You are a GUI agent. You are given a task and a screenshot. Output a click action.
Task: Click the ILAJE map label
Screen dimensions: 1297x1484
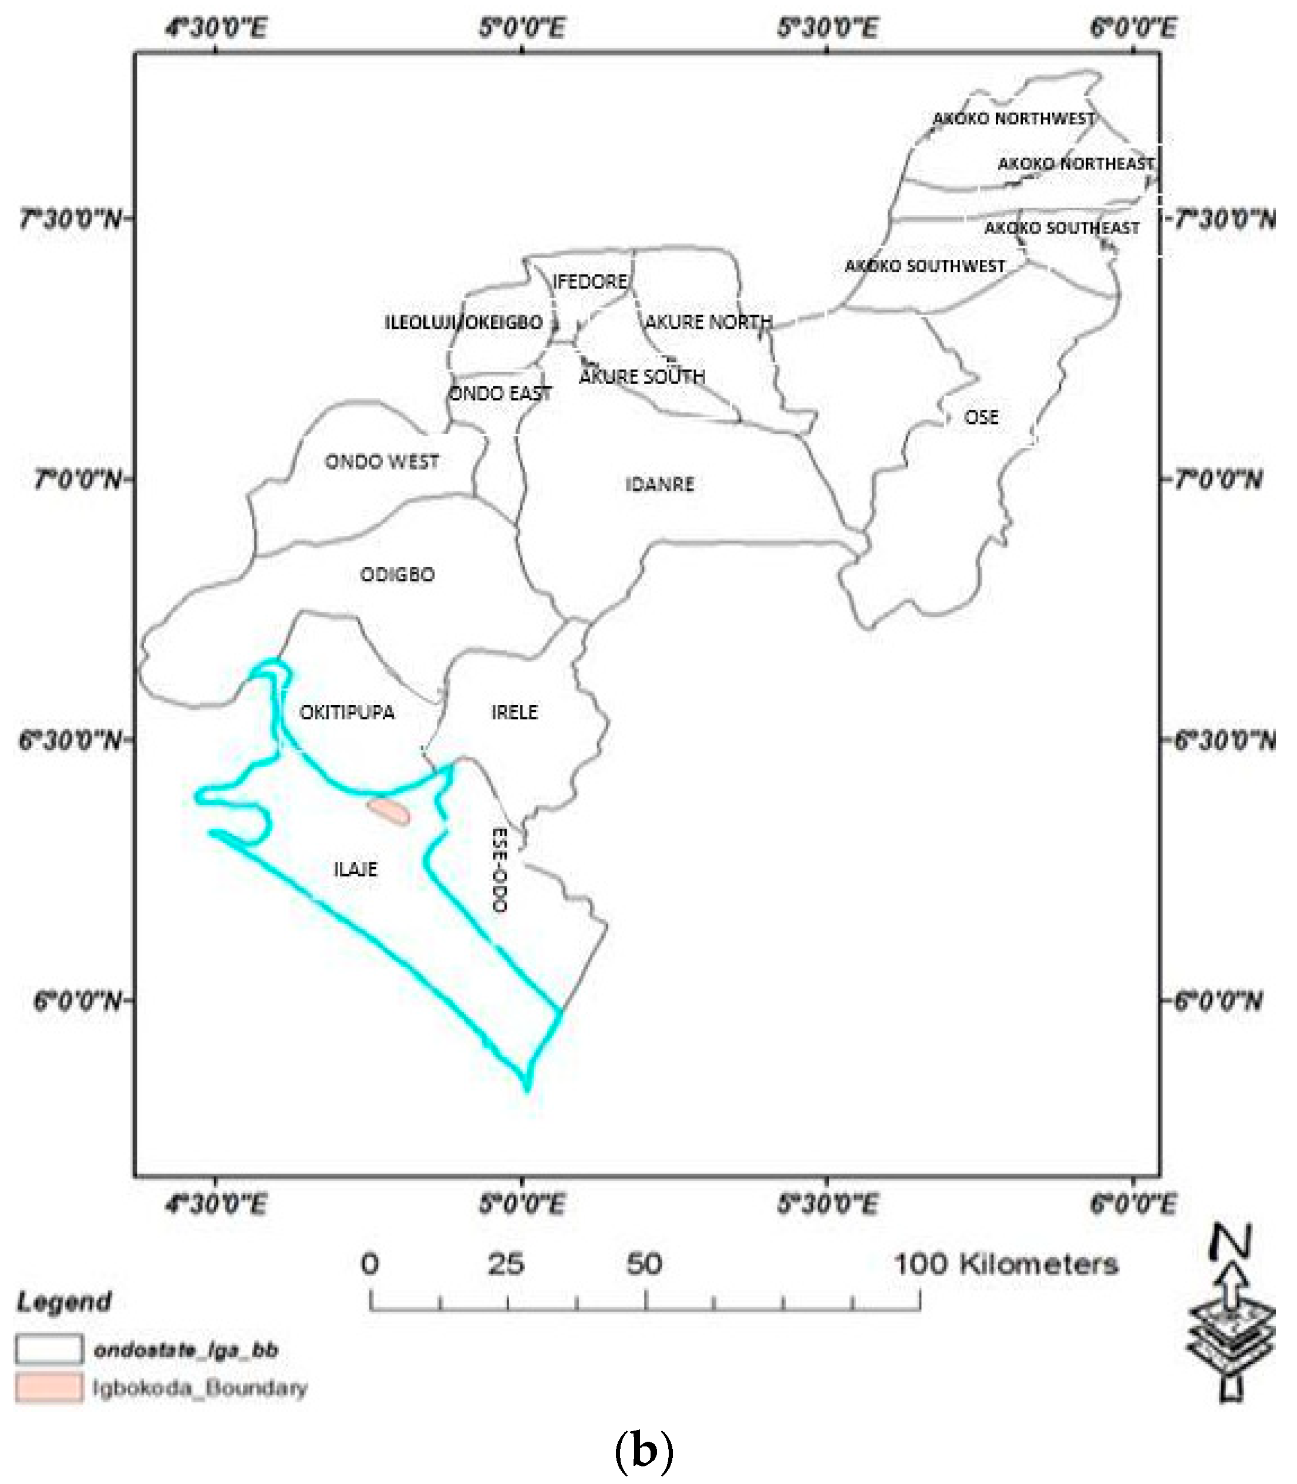(355, 869)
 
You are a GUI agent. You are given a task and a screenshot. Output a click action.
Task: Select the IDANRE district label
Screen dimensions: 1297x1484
(659, 484)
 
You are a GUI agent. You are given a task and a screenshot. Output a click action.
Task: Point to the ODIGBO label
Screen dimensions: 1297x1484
(397, 575)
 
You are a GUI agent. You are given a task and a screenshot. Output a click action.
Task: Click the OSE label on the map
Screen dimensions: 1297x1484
(982, 417)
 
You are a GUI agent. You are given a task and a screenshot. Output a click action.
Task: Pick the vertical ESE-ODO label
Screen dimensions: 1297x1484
(498, 870)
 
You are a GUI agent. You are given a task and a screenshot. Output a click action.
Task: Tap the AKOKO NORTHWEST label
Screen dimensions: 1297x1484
(1013, 119)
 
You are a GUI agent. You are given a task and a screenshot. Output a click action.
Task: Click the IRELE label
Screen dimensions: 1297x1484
(514, 713)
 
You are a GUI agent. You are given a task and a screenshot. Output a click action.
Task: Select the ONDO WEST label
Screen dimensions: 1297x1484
(382, 461)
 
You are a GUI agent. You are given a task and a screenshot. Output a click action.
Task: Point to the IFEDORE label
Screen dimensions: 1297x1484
(590, 281)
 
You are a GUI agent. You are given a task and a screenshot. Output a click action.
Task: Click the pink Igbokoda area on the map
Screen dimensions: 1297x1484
(389, 811)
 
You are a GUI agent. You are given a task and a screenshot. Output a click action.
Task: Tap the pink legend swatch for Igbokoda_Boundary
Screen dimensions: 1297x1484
(49, 1387)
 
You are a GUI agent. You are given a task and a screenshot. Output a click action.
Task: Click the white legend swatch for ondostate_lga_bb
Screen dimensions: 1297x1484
(49, 1350)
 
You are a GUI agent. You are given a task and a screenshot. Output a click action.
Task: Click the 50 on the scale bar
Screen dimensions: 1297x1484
(644, 1264)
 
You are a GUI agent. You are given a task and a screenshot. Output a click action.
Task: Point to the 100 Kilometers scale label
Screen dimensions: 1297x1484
(1006, 1264)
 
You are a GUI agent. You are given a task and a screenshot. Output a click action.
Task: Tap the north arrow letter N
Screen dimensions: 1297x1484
(1232, 1242)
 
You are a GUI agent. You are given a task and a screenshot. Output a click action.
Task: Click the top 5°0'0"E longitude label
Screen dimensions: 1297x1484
(521, 28)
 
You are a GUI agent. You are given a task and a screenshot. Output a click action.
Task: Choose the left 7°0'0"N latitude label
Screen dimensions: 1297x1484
(78, 479)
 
